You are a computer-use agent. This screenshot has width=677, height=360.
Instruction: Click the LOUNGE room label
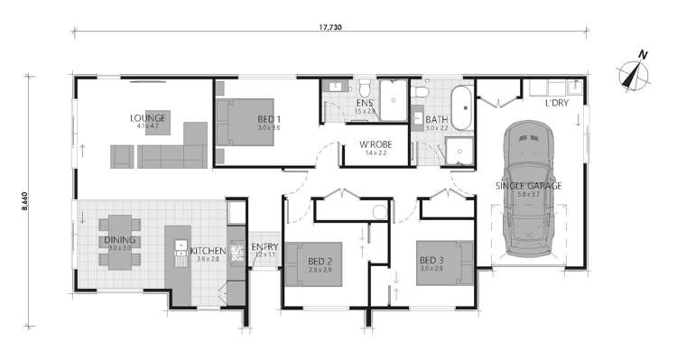pyautogui.click(x=146, y=117)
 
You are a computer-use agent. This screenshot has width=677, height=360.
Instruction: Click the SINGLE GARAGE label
pyautogui.click(x=528, y=186)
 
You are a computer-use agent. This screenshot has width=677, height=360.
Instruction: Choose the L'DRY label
pyautogui.click(x=557, y=103)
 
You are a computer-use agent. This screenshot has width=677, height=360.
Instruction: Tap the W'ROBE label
pyautogui.click(x=374, y=144)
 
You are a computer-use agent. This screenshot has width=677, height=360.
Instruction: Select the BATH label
pyautogui.click(x=437, y=119)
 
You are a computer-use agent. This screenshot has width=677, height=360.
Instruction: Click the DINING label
pyautogui.click(x=119, y=241)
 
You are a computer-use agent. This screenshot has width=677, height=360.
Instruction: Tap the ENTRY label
pyautogui.click(x=264, y=247)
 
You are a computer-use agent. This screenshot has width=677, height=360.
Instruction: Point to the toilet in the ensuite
pyautogui.click(x=363, y=88)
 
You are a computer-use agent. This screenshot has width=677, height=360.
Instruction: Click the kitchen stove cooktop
pyautogui.click(x=236, y=253)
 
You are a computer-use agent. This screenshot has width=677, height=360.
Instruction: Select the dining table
pyautogui.click(x=119, y=241)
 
